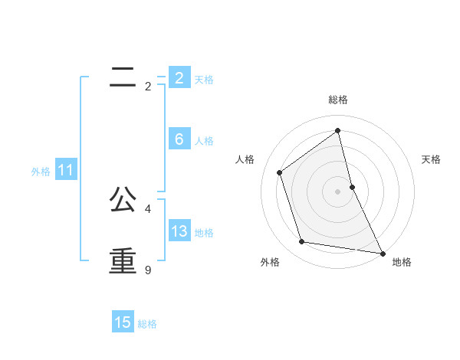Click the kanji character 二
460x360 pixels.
[123, 77]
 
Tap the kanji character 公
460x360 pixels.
[123, 199]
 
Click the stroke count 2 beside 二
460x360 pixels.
[147, 87]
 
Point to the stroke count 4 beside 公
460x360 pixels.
[147, 208]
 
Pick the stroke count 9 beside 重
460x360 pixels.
[147, 270]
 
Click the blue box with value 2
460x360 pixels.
[179, 78]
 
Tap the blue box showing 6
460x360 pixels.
[179, 139]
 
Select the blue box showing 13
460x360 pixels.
[179, 231]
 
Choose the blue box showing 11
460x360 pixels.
[65, 171]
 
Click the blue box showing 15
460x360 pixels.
[123, 322]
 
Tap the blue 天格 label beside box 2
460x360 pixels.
[204, 79]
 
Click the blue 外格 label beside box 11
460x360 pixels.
[41, 172]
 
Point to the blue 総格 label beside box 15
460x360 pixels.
[147, 324]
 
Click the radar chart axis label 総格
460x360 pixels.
[338, 100]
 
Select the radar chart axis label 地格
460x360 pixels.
[402, 263]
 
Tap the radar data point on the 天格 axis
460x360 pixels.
[352, 186]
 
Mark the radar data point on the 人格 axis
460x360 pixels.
[280, 172]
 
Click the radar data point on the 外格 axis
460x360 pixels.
[302, 242]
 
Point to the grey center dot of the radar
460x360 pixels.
[338, 191]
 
